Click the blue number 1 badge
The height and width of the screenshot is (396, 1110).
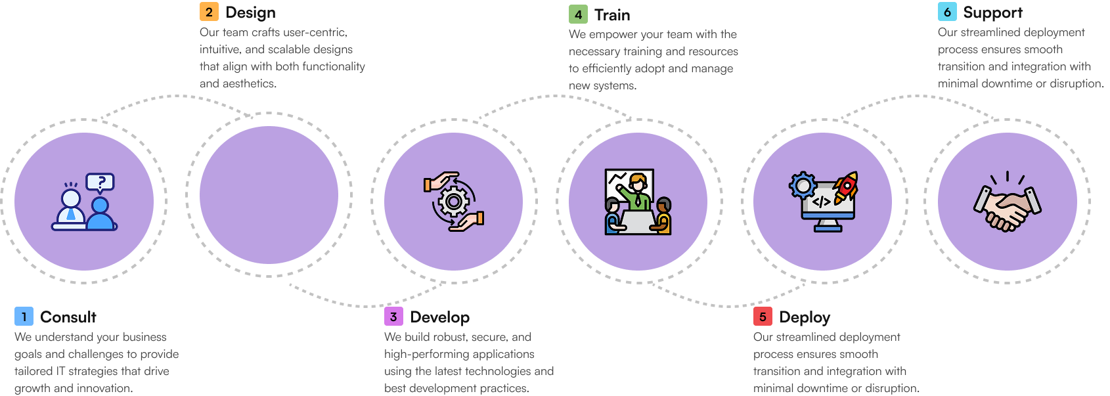(x=24, y=317)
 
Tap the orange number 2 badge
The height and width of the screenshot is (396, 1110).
(x=209, y=12)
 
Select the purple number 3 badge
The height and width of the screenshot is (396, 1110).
(x=393, y=317)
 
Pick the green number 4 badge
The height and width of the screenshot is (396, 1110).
(x=578, y=14)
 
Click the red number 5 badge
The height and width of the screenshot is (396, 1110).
(x=763, y=317)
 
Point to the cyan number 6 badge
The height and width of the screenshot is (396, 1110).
(x=947, y=12)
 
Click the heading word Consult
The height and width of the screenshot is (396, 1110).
(x=68, y=317)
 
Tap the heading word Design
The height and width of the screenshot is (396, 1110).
(x=250, y=12)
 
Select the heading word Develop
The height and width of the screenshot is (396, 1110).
(x=439, y=317)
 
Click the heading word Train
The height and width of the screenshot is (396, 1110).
(x=612, y=15)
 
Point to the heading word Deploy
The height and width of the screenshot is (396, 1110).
(x=805, y=317)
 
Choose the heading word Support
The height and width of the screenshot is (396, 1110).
(x=992, y=12)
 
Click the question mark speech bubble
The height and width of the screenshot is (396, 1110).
(x=100, y=182)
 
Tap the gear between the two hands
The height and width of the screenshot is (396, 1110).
(x=454, y=201)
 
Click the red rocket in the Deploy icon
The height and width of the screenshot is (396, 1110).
(x=847, y=186)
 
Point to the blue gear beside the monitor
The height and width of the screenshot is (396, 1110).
(x=803, y=186)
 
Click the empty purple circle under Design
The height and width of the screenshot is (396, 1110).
(x=269, y=195)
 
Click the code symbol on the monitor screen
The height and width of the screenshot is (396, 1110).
(x=822, y=202)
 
